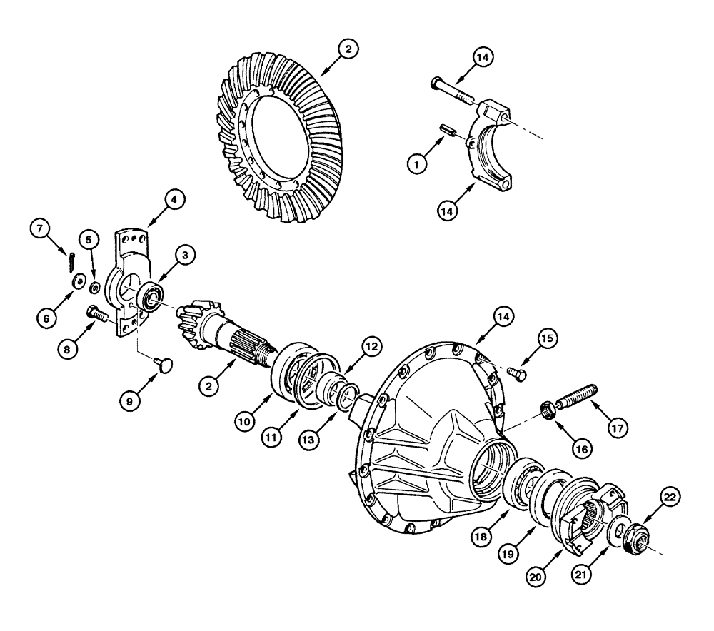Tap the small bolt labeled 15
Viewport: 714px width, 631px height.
(x=516, y=372)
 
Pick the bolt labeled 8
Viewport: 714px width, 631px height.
(x=95, y=312)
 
